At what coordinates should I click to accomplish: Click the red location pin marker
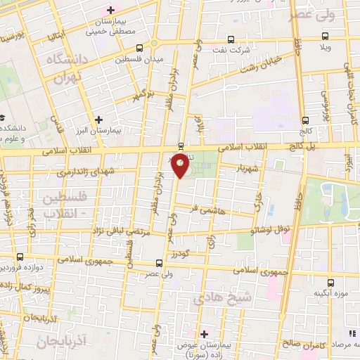click(x=181, y=167)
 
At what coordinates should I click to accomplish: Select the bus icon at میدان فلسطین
click(x=139, y=49)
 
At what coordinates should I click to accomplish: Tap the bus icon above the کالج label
click(x=304, y=120)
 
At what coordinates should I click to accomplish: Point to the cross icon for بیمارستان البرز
click(x=99, y=120)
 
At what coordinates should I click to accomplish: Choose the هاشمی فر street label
click(x=207, y=207)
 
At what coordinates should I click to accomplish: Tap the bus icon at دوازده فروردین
click(x=20, y=257)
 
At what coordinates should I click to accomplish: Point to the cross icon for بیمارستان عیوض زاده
click(x=205, y=333)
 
